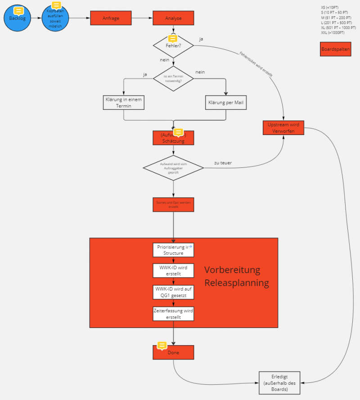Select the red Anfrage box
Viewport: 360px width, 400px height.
111,18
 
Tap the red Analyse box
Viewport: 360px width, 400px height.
173,18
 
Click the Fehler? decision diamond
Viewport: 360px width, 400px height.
173,46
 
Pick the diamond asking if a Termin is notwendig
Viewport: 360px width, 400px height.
173,78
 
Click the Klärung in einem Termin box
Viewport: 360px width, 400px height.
124,103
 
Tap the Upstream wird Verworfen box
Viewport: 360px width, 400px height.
283,128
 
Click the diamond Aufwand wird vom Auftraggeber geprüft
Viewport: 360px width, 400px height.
173,169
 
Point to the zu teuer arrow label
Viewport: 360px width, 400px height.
223,163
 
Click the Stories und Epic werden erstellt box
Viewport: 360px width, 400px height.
173,204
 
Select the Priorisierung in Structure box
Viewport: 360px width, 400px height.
173,250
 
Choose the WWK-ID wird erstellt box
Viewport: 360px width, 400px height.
173,270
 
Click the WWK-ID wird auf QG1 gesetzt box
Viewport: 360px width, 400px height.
173,292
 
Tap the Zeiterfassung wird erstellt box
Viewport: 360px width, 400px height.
173,314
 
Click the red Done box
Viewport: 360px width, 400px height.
173,352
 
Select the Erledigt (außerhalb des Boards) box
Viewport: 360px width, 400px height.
280,382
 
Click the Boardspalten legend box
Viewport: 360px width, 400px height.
335,49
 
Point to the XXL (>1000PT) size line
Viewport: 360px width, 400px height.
333,33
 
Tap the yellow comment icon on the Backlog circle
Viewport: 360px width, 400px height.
19,10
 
